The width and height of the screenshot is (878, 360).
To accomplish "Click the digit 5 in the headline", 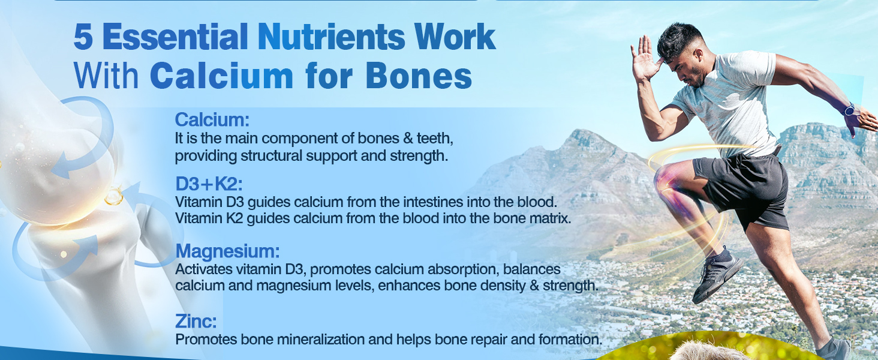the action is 83,37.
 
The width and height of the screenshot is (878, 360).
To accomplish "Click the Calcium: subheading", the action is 212,119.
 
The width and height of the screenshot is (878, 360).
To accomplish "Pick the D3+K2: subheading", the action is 209,184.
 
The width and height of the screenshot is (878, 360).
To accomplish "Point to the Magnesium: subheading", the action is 227,251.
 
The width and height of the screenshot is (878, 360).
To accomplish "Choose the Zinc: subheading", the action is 196,321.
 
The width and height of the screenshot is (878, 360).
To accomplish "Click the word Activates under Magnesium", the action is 203,269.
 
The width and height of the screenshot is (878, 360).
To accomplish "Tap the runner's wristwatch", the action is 849,109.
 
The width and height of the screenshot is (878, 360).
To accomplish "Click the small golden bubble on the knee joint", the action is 114,196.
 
